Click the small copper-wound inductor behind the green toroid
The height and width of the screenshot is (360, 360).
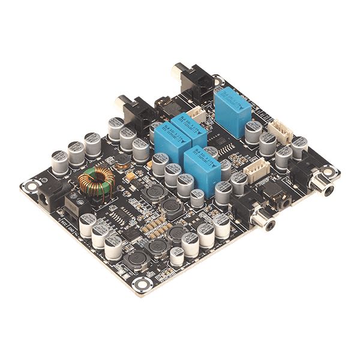tap(121, 160)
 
